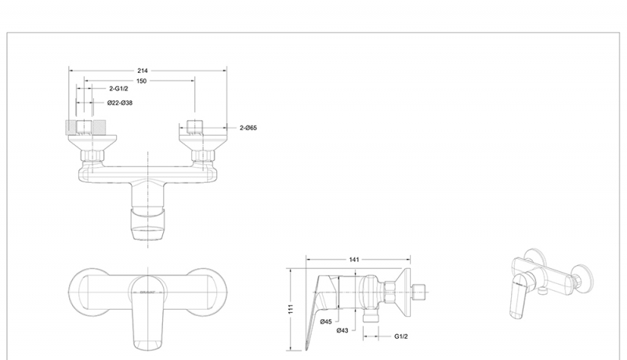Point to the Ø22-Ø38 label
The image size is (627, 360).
119,103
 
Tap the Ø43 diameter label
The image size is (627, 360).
342,330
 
